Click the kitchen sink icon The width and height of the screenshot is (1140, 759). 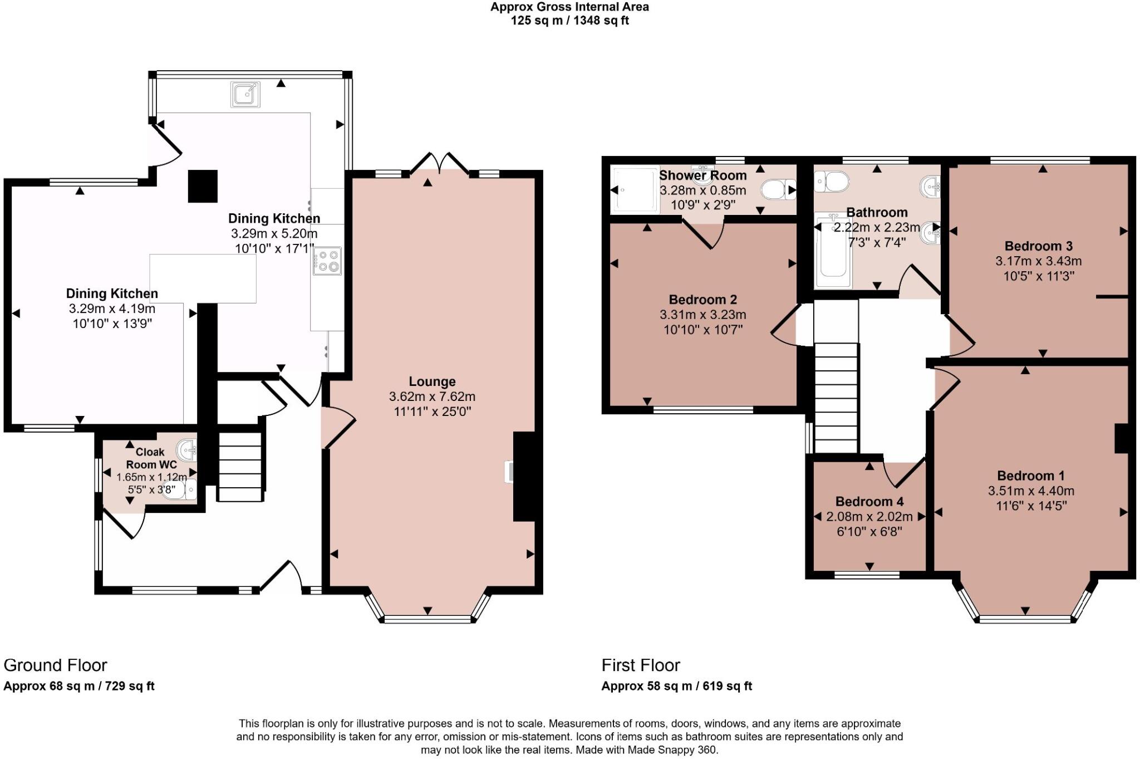[245, 94]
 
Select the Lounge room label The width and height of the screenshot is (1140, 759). [432, 381]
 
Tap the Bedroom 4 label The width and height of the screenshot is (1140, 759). [869, 501]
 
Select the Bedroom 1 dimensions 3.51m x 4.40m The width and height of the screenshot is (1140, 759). [1031, 491]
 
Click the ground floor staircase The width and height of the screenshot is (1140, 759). [239, 467]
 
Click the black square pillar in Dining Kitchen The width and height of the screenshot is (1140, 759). [203, 186]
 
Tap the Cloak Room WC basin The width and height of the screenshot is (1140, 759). [186, 449]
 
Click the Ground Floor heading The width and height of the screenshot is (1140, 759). [55, 665]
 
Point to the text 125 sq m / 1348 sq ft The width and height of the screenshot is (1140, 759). [569, 21]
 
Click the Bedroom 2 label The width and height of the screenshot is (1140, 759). [702, 300]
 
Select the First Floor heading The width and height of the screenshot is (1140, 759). [641, 665]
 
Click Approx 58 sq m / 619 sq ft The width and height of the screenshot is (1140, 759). [676, 686]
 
